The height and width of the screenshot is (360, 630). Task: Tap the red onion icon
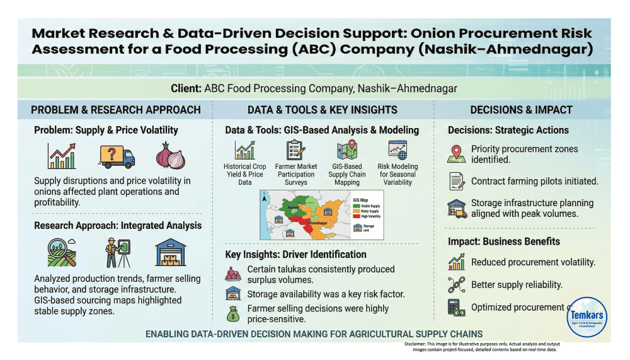pos(169,156)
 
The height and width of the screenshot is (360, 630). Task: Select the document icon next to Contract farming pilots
pos(457,182)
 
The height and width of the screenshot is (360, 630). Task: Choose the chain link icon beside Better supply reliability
pos(456,285)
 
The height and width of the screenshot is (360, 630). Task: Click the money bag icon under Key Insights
pos(233,313)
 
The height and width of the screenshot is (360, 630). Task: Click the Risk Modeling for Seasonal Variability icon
pos(398,150)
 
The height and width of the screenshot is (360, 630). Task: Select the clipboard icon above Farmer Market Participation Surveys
pos(295,150)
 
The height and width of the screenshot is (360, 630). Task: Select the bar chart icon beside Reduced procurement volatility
pos(456,262)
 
